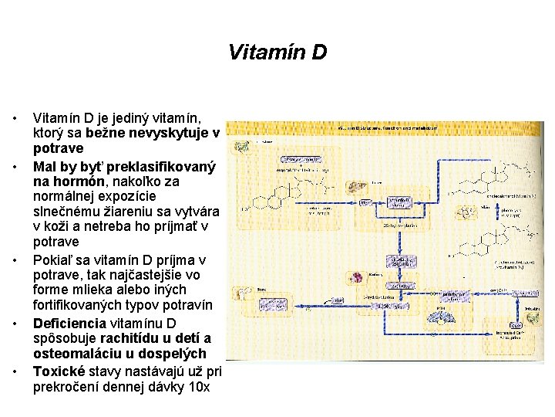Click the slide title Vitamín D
pos(277,53)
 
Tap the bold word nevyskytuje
pos(173,134)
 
